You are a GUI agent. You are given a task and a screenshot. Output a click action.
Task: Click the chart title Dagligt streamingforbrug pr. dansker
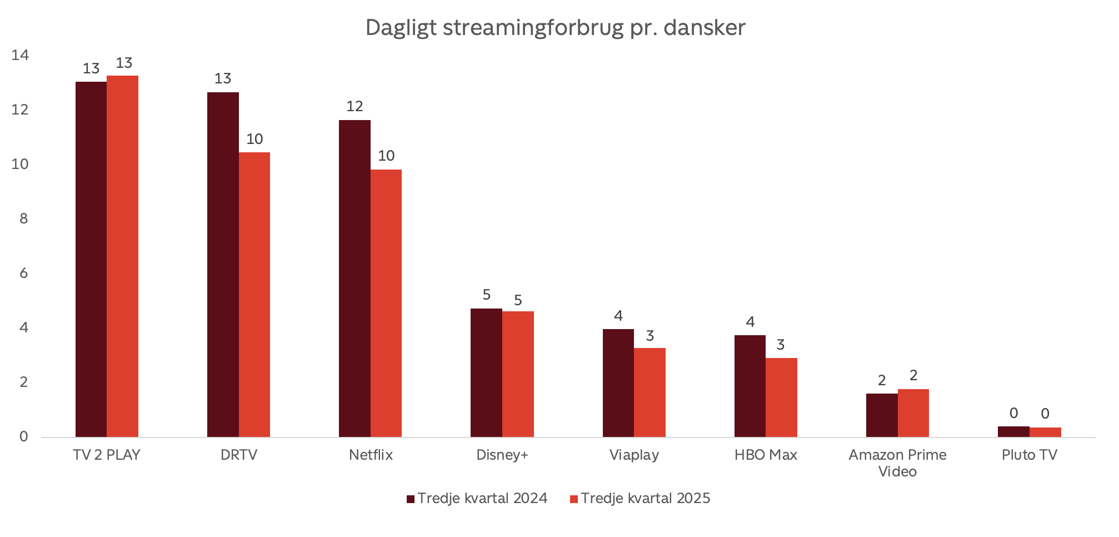pos(555,28)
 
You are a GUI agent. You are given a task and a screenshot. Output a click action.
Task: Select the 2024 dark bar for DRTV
pos(223,264)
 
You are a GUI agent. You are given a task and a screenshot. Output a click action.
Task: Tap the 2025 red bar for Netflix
pos(386,303)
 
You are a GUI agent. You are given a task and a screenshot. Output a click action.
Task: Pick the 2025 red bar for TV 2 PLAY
pos(122,256)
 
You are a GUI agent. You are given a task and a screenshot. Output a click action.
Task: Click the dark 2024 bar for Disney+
pos(486,372)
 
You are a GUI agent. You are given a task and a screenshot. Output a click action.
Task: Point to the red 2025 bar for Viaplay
pos(650,392)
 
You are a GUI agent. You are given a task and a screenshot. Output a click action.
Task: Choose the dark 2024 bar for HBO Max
pos(750,386)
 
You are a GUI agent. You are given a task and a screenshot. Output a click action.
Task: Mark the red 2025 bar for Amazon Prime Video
pos(913,413)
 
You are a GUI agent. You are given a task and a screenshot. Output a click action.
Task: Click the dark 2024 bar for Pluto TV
pos(1013,432)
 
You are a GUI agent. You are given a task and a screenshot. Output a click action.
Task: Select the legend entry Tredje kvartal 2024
pos(477,498)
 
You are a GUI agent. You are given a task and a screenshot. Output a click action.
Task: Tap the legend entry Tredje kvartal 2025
pos(640,498)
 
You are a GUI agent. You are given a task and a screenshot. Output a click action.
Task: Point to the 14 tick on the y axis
pos(20,55)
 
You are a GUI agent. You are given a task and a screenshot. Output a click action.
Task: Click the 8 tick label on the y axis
pos(23,218)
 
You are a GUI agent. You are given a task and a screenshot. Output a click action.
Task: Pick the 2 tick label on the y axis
pos(23,382)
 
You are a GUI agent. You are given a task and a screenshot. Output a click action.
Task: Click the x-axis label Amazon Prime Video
pos(897,463)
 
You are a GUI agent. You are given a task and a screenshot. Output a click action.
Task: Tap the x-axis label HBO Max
pos(766,455)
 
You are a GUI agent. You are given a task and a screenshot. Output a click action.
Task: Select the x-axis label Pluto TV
pos(1029,455)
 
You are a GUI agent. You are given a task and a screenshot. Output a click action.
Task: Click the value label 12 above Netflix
pos(354,106)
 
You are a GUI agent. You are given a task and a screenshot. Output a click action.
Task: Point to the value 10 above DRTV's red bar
pos(254,139)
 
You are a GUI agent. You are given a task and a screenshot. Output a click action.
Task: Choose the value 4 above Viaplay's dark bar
pos(618,316)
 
